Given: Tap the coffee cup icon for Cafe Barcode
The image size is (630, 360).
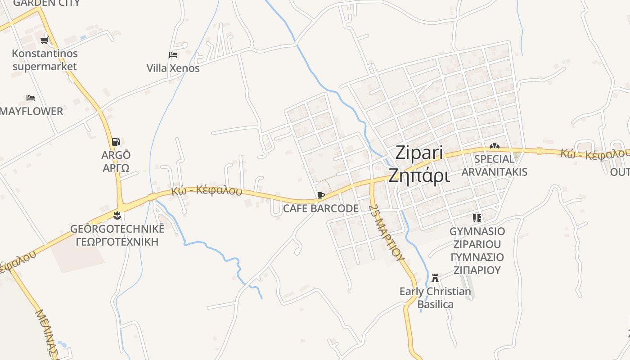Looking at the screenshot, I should coord(320,195).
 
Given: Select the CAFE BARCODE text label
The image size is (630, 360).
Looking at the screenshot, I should coord(320,208).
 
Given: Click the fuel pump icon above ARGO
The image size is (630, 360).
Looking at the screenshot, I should coord(116,142).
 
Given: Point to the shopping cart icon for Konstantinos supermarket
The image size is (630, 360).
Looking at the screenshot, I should coord(44,40).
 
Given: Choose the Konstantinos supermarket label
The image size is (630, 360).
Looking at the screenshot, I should coord(45,60).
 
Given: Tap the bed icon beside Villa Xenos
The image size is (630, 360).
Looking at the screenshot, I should coord(173,55).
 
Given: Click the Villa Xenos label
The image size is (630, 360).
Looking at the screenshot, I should coord(173,68).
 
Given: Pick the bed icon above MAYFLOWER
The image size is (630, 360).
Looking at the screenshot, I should coord(31,98).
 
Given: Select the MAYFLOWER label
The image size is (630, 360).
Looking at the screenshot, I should coord(31,111).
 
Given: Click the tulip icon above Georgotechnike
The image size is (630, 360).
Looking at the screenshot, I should coord(117,215).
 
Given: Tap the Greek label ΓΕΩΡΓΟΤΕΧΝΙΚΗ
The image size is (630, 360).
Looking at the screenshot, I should coord(117,242).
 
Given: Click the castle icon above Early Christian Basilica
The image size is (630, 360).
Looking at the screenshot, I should coord(435,278).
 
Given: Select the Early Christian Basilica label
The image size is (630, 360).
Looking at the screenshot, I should coord(435,298).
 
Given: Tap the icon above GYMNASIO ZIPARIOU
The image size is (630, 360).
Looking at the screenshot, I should coord(477,218).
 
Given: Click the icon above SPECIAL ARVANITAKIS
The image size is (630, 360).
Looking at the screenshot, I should coord(494,146).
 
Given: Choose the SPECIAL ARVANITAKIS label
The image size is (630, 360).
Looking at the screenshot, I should coord(494,165).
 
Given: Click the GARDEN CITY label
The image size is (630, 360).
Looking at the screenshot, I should coord(46,3).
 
